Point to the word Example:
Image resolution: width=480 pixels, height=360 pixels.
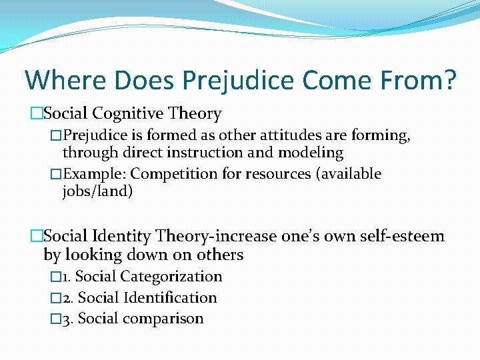pyautogui.click(x=94, y=174)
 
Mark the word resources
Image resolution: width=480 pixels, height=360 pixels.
pyautogui.click(x=279, y=174)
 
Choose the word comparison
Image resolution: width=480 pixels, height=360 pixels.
pyautogui.click(x=163, y=319)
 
